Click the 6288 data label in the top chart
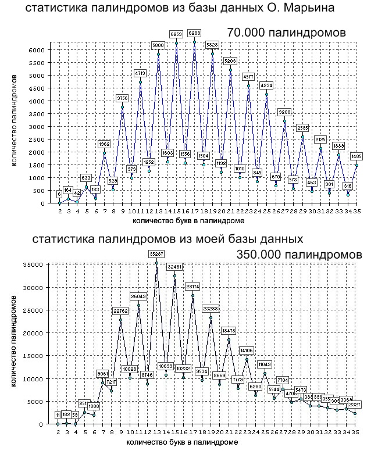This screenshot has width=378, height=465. tap(194, 34)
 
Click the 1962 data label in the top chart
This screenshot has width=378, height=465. tap(104, 144)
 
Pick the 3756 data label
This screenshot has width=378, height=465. tap(122, 98)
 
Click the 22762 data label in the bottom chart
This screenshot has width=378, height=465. tap(121, 311)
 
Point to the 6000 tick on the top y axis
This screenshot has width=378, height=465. tap(36, 50)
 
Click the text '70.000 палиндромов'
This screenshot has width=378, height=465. tap(287, 33)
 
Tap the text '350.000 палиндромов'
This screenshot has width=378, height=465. tap(299, 255)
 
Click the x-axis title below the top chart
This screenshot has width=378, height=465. tap(186, 221)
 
